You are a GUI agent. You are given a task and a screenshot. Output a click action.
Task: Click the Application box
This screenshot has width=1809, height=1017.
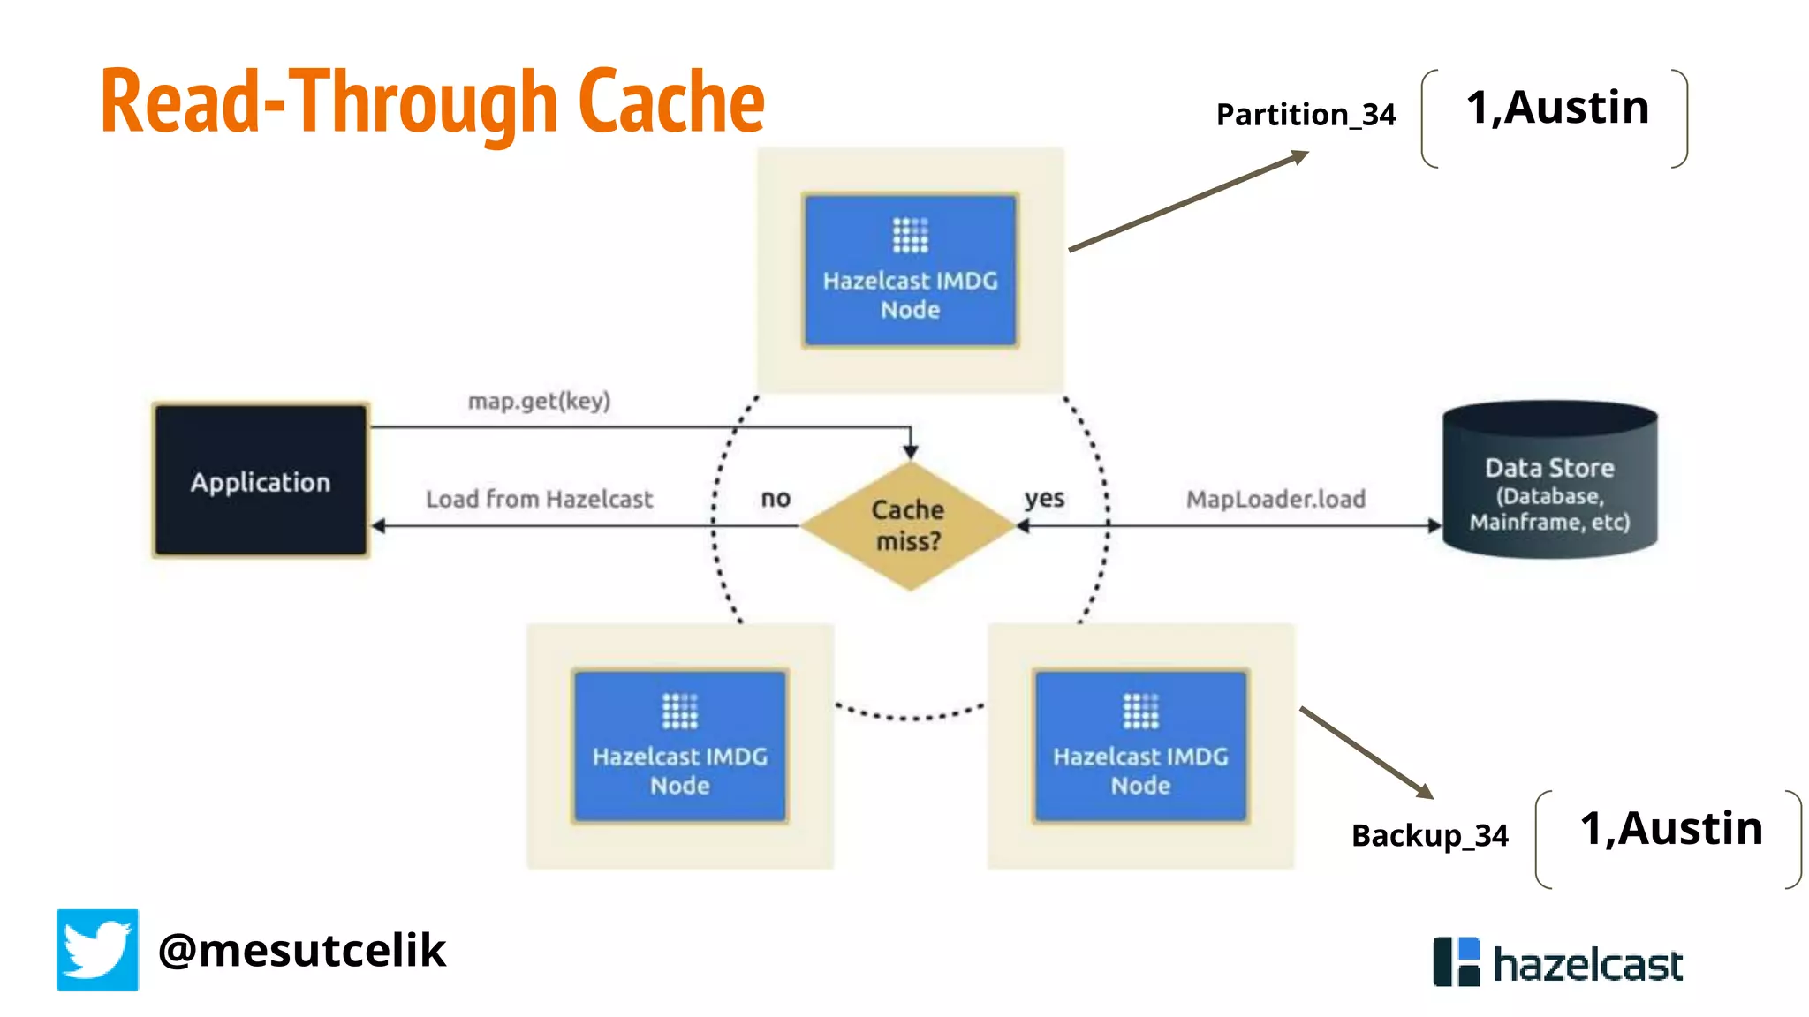[x=261, y=481]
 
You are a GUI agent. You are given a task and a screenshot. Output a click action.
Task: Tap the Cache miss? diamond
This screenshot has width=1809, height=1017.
[x=908, y=526]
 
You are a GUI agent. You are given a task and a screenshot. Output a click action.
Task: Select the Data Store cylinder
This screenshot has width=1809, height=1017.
[x=1549, y=481]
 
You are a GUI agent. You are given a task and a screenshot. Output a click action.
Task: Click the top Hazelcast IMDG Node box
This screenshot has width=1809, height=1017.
[x=910, y=270]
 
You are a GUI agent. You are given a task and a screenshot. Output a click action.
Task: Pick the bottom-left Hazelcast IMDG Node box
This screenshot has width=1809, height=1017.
[x=679, y=747]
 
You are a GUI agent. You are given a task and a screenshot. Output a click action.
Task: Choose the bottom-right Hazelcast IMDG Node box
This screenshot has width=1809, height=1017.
[x=1140, y=747]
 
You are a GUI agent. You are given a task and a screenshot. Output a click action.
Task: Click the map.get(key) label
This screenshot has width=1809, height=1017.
[x=539, y=402]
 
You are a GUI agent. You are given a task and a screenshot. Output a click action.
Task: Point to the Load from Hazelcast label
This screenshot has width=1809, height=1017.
[x=539, y=500]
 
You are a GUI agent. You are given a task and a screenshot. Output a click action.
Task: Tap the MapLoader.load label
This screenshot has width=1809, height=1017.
[x=1275, y=500]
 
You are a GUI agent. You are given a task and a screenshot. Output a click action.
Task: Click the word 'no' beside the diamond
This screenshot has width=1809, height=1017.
[x=776, y=499]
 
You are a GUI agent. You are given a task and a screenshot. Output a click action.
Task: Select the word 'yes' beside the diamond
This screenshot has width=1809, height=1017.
[x=1044, y=499]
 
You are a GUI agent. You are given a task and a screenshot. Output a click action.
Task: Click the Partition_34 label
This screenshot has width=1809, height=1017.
[x=1306, y=115]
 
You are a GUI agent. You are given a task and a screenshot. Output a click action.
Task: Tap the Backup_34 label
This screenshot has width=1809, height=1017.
[x=1429, y=835]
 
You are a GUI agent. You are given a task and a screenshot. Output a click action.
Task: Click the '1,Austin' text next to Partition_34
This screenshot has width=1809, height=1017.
[x=1557, y=108]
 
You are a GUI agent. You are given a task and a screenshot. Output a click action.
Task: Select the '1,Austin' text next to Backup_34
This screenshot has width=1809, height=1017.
[x=1671, y=829]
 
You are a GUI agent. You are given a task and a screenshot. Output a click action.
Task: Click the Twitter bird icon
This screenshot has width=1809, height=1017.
[x=97, y=950]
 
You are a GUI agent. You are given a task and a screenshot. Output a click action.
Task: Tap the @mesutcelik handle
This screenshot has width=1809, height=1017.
[x=302, y=951]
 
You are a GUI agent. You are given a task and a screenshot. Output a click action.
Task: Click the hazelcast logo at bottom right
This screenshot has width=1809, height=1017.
[x=1558, y=963]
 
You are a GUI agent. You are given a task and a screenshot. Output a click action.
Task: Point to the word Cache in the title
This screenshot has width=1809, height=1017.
[x=671, y=102]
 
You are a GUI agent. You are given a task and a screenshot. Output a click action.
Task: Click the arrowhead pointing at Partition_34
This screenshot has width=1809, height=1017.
[x=1299, y=156]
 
